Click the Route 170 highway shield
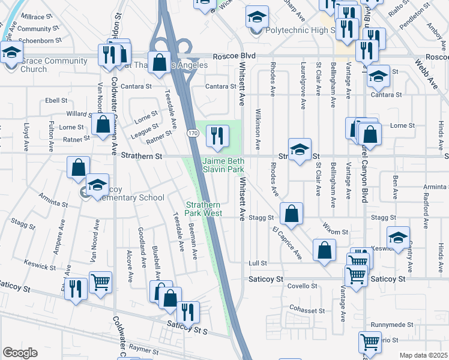191,132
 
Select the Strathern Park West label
203,209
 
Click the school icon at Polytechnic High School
257,17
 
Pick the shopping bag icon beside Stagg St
291,214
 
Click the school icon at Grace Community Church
11,52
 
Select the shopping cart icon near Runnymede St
370,343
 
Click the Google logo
20,353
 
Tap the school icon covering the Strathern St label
300,150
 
